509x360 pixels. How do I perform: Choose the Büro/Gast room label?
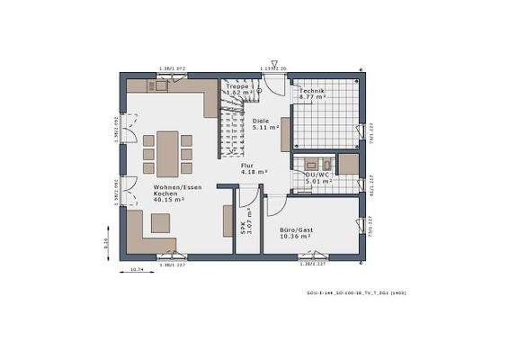tap(298, 231)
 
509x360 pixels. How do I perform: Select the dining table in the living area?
tap(167, 152)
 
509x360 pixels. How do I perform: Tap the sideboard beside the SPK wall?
tap(228, 220)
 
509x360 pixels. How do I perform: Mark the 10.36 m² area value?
tap(298, 236)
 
